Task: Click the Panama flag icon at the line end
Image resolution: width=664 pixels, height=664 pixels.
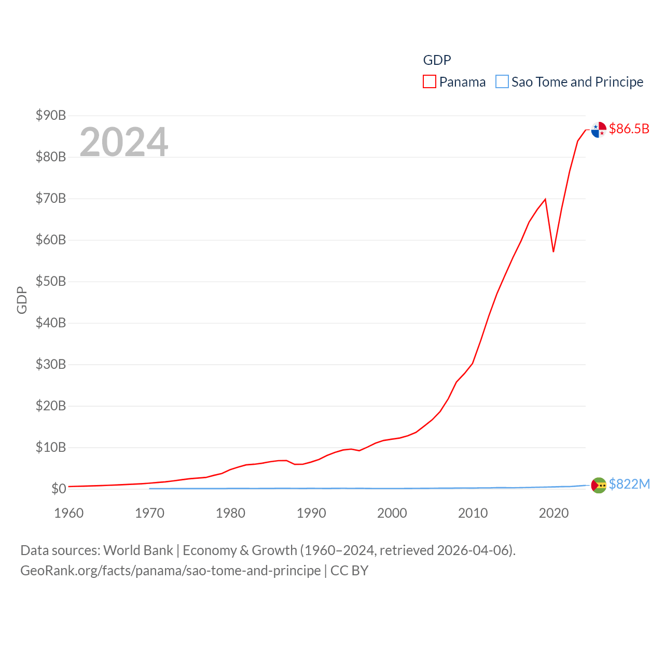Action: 599,130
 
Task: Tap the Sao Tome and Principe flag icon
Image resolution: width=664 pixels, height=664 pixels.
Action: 599,485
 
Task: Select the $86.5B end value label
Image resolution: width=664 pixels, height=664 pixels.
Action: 629,129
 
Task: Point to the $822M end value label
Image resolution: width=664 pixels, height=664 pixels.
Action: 629,484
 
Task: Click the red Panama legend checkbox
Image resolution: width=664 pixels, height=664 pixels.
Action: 430,82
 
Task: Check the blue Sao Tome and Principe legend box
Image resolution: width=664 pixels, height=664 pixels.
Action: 502,82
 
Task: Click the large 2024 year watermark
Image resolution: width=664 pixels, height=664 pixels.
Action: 123,142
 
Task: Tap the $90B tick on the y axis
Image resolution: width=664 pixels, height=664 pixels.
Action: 50,115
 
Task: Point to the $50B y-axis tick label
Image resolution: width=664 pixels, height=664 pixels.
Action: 50,281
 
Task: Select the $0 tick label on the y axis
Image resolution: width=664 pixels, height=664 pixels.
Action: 58,489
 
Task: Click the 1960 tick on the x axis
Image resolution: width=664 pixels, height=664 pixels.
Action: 68,513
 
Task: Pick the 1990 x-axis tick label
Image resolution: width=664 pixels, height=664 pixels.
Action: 311,513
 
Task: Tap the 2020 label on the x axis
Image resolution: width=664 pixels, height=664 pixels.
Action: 554,513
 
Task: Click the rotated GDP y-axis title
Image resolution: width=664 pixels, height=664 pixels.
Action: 22,300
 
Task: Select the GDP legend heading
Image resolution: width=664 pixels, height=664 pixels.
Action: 437,60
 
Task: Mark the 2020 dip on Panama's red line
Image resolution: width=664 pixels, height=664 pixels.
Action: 554,252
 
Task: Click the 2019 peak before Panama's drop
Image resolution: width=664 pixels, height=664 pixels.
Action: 545,199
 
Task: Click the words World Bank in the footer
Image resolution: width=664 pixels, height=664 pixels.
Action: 138,550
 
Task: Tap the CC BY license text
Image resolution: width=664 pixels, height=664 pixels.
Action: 349,571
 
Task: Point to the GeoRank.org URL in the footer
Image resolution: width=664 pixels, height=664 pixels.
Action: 170,571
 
